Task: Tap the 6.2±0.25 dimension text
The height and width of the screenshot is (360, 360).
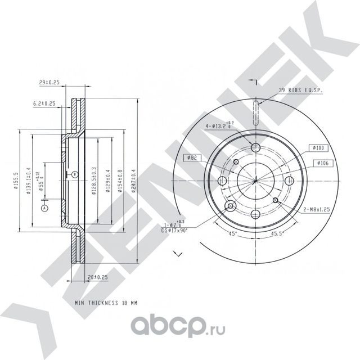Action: coord(44,103)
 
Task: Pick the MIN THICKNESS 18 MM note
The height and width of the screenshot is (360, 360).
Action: coord(106,303)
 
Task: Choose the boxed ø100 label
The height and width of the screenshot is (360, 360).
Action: coord(317,147)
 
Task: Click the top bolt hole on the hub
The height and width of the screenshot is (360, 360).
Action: coord(255,147)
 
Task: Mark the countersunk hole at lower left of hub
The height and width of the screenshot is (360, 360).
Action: coord(230,206)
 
